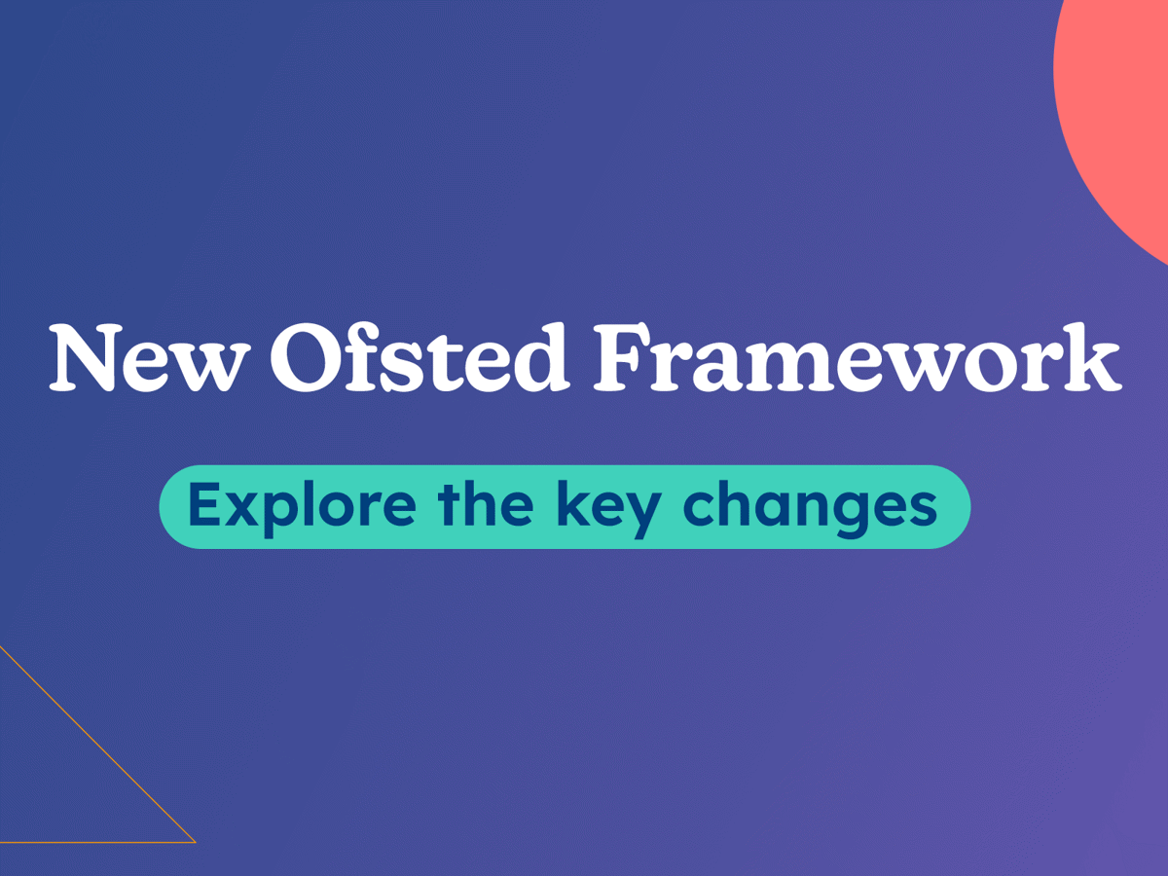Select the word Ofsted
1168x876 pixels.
[x=419, y=357]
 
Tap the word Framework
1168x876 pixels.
[x=858, y=357]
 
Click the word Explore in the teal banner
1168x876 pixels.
[x=303, y=506]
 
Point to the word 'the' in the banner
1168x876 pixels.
[x=486, y=502]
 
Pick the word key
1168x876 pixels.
[x=609, y=509]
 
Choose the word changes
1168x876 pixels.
[x=810, y=509]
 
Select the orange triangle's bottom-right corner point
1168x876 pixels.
[x=196, y=843]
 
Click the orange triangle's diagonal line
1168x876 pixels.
[x=98, y=744]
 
